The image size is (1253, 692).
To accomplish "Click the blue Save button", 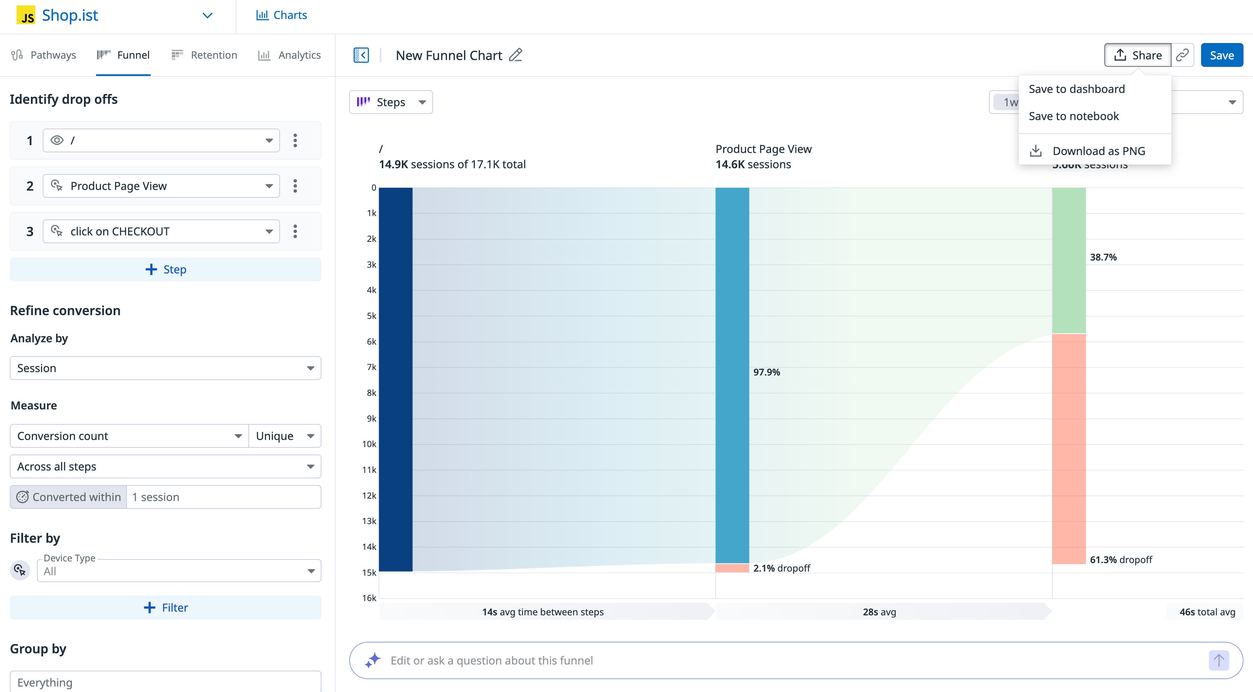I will point(1221,55).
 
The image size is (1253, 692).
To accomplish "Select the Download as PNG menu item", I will point(1098,151).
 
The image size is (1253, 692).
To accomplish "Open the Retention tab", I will point(204,55).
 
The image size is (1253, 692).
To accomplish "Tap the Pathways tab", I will point(44,55).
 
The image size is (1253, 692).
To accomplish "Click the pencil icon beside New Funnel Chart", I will point(515,55).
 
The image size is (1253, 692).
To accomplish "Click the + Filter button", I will point(165,608).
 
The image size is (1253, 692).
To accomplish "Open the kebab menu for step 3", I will point(295,231).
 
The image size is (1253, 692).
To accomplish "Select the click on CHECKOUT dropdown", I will point(161,231).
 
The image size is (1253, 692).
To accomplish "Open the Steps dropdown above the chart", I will point(391,102).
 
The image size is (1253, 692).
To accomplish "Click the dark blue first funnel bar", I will point(395,379).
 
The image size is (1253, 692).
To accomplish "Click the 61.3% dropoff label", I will point(1120,560).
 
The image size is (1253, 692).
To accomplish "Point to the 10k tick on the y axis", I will point(369,444).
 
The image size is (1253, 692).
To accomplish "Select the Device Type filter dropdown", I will point(179,571).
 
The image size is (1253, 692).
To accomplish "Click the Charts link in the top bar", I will point(282,15).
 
